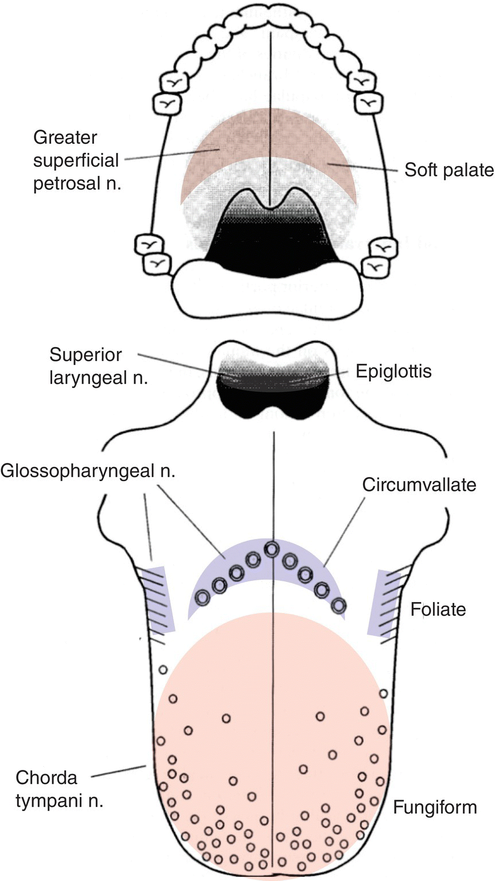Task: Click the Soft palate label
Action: point(449,170)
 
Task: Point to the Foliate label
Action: point(438,608)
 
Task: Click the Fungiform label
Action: point(435,808)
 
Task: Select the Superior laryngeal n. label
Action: point(86,367)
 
